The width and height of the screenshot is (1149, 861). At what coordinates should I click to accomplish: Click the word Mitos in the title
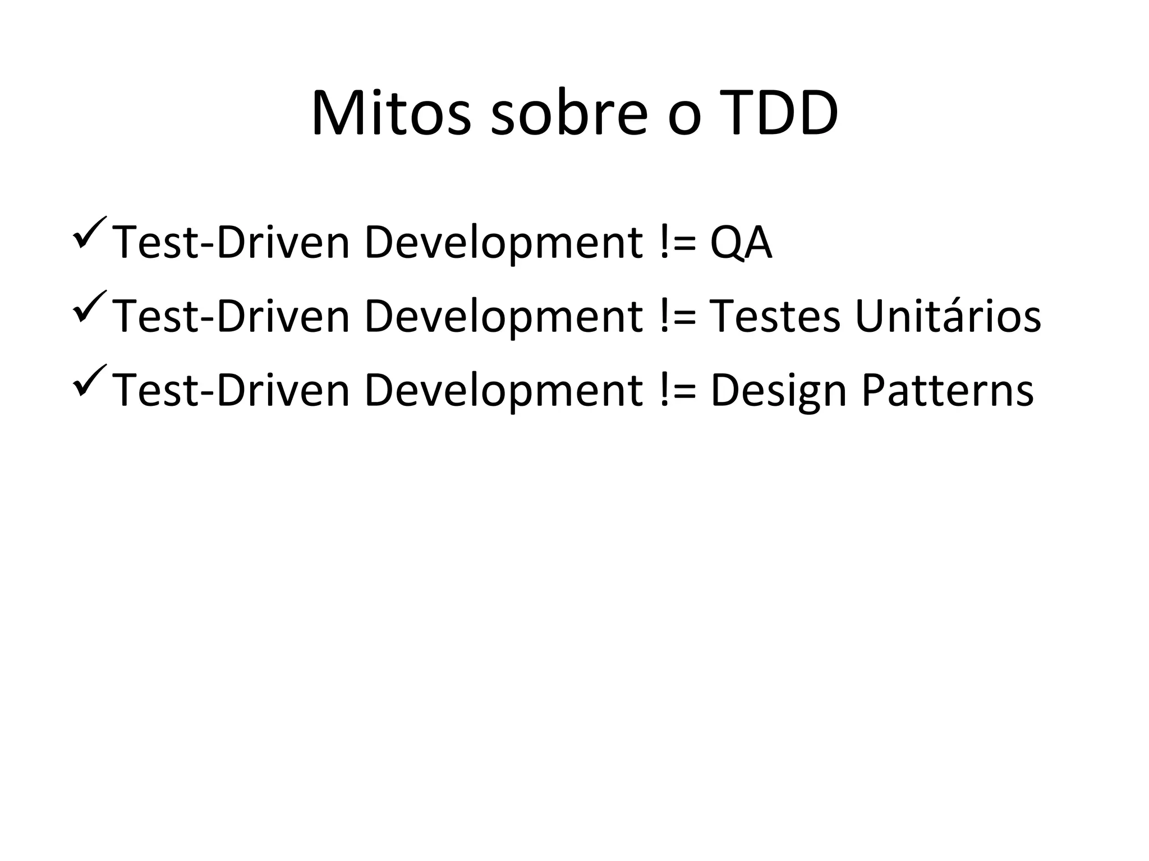(391, 113)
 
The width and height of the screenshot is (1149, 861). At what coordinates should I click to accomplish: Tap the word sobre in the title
(569, 113)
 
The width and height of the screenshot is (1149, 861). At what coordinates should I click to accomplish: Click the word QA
(741, 243)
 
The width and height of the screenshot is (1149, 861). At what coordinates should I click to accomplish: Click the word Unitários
(948, 316)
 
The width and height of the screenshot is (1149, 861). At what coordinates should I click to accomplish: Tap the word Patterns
(947, 390)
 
